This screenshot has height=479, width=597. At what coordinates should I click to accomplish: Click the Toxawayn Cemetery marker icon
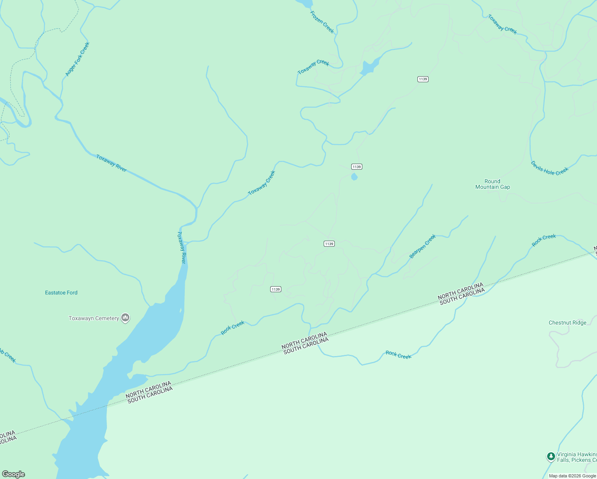(x=125, y=318)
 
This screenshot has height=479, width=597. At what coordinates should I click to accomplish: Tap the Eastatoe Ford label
(x=61, y=293)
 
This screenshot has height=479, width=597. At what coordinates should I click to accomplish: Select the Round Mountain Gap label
(x=492, y=184)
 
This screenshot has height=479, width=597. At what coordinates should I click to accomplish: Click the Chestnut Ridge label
(x=567, y=323)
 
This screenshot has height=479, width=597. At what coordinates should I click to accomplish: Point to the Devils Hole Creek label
(x=549, y=168)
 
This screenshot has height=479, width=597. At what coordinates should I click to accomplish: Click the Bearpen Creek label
(x=423, y=246)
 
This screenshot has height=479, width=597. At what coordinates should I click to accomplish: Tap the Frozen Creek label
(x=322, y=22)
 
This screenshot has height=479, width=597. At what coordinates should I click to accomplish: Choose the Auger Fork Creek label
(x=77, y=59)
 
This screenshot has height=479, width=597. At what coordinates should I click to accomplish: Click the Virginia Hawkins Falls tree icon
(x=551, y=456)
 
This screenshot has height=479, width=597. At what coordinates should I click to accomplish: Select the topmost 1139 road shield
(x=423, y=79)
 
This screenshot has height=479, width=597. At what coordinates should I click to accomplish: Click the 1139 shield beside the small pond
(x=356, y=167)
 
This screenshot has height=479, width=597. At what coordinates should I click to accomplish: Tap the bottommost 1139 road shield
(x=275, y=289)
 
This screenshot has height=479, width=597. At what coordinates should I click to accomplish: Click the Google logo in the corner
(x=14, y=474)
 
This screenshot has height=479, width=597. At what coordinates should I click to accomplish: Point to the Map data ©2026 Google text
(x=572, y=476)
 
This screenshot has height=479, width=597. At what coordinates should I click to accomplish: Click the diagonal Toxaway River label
(x=111, y=163)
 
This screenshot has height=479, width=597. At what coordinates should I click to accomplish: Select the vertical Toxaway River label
(x=182, y=247)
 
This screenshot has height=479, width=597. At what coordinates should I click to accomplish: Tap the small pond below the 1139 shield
(x=354, y=177)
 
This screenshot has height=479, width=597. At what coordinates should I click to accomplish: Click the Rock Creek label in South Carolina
(x=398, y=355)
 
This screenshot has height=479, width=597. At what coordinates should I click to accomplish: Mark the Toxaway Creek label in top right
(x=502, y=24)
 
